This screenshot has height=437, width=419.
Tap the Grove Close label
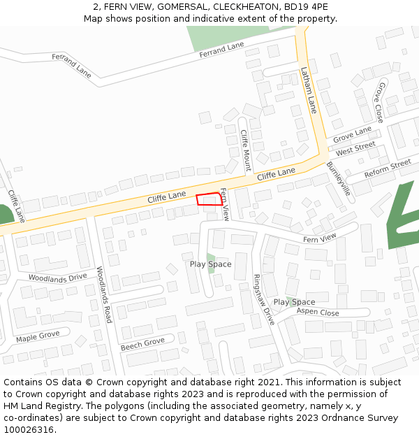pos(380,102)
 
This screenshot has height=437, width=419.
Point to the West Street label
pos(355,149)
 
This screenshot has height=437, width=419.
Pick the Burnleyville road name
pos(338,180)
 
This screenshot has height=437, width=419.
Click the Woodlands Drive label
pos(57,277)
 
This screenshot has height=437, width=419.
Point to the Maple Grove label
pos(38,337)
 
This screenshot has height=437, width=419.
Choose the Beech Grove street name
pos(142,343)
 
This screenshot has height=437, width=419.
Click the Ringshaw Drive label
pos(265,299)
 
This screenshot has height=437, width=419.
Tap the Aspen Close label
pos(318,313)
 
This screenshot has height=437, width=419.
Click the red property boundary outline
pos(209,199)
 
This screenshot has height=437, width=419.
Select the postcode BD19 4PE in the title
pos(305,7)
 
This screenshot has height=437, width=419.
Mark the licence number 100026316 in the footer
pos(29,429)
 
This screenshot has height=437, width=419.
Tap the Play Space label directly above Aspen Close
pos(294,302)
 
